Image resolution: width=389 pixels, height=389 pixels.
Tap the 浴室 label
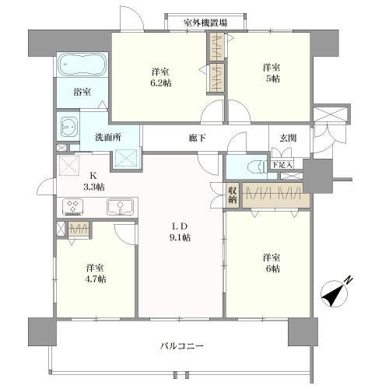[x=82, y=92]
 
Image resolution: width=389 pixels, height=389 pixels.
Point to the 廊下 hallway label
[x=198, y=138]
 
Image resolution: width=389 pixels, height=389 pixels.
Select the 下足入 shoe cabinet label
[x=282, y=165]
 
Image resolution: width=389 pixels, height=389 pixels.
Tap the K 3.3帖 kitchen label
[x=93, y=182]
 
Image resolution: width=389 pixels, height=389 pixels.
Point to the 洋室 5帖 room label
[x=272, y=73]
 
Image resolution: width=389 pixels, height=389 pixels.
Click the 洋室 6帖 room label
[x=272, y=263]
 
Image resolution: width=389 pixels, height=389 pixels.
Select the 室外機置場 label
[x=205, y=23]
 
